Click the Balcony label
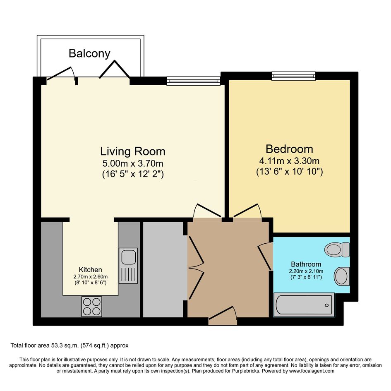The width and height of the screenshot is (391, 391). pos(89,54)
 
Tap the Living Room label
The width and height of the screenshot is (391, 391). pos(133,151)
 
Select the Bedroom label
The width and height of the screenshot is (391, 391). pos(289,149)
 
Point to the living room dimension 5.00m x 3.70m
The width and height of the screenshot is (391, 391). pos(133,163)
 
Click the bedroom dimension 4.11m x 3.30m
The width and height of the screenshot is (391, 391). pos(289,161)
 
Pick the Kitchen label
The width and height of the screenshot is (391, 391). pos(90,269)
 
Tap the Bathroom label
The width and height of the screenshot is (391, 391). pos(306,264)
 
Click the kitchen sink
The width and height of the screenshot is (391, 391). pos(128,266)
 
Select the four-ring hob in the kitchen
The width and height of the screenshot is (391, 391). pos(92,307)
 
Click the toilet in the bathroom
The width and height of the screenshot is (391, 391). pos(337,249)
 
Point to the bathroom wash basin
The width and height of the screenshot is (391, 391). pos(342,276)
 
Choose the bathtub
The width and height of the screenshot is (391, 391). pos(304,305)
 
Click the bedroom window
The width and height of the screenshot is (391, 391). pos(293,76)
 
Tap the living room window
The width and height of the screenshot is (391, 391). pos(194,81)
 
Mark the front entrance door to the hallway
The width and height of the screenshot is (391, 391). pos(223,315)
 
